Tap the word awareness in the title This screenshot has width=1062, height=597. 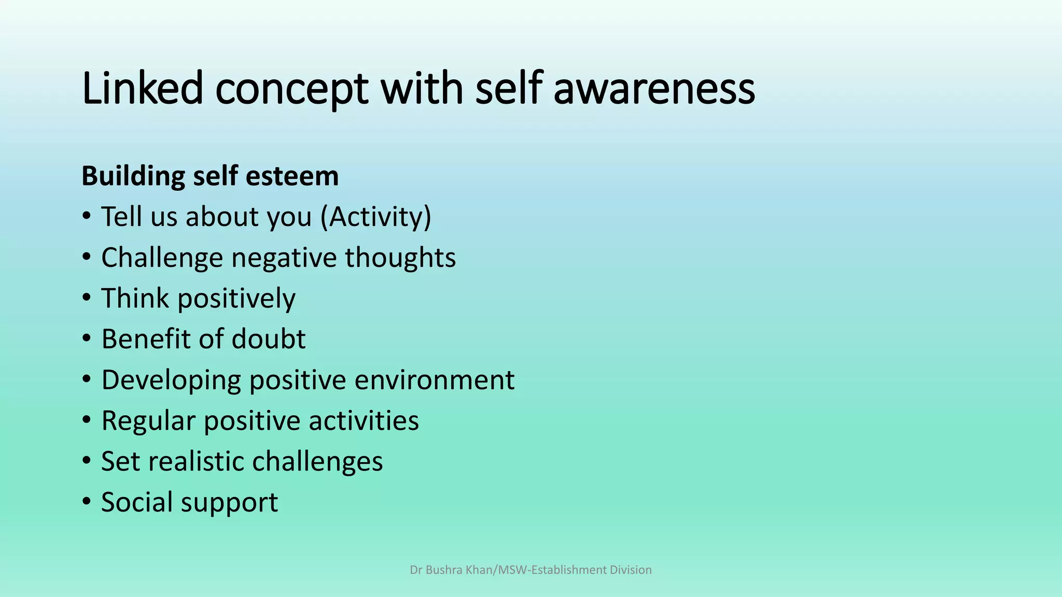654,88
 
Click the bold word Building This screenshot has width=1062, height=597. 133,176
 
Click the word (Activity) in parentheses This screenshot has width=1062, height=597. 376,217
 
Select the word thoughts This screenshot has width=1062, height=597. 400,258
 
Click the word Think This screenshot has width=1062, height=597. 135,298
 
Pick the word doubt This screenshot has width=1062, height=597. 268,339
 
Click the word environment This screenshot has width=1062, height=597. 435,380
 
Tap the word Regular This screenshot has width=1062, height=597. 148,421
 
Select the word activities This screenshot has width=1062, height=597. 364,420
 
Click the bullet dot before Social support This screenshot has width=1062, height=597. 87,502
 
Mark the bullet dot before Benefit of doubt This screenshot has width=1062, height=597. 87,338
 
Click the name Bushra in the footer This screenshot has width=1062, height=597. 444,570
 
